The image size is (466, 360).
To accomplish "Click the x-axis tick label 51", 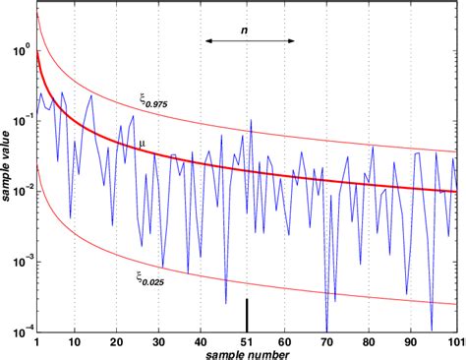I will click(x=247, y=340).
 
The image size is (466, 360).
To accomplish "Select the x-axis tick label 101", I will click(x=454, y=340).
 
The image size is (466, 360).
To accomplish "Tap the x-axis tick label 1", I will click(x=36, y=340).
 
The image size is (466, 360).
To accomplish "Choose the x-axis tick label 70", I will click(x=327, y=340).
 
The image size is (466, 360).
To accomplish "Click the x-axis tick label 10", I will click(x=75, y=340).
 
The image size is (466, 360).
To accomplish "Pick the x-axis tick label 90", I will click(x=411, y=340).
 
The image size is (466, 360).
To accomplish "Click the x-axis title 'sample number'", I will click(x=246, y=353).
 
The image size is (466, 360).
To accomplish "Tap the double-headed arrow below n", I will click(x=250, y=41).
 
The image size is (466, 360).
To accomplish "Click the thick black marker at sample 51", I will click(x=247, y=315).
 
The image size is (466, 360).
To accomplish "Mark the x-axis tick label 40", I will click(x=203, y=340).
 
